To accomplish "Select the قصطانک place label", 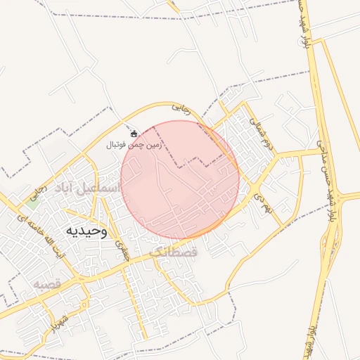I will pyautogui.click(x=175, y=250).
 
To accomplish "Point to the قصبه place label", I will pyautogui.click(x=50, y=284).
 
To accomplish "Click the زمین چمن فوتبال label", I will pyautogui.click(x=134, y=145).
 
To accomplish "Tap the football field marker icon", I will pyautogui.click(x=134, y=133).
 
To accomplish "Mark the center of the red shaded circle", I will pyautogui.click(x=180, y=179).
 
